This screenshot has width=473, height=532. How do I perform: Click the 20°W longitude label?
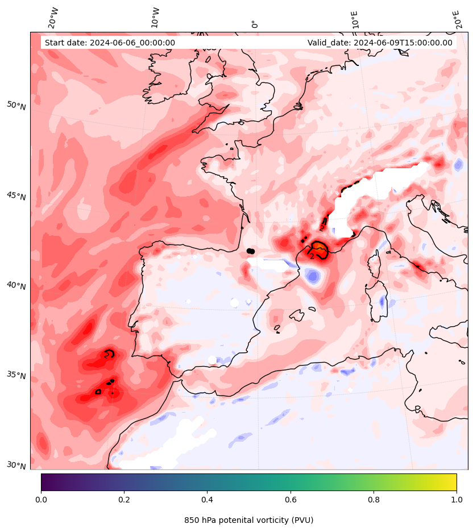coord(53,18)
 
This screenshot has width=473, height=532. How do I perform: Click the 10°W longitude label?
coord(155,18)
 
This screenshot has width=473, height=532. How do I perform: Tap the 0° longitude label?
coord(255,24)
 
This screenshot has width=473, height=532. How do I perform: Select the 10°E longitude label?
coord(355,19)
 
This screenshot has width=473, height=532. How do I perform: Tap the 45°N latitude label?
coord(16,196)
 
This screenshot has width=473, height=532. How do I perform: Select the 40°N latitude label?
coord(16,285)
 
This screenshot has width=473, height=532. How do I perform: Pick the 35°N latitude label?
coord(16,375)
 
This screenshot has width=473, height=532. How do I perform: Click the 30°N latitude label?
coord(16,465)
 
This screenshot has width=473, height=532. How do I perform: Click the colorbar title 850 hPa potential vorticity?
coord(248,520)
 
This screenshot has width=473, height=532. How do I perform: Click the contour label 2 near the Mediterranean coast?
coord(312,257)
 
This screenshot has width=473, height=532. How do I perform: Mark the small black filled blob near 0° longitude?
coord(250,251)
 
